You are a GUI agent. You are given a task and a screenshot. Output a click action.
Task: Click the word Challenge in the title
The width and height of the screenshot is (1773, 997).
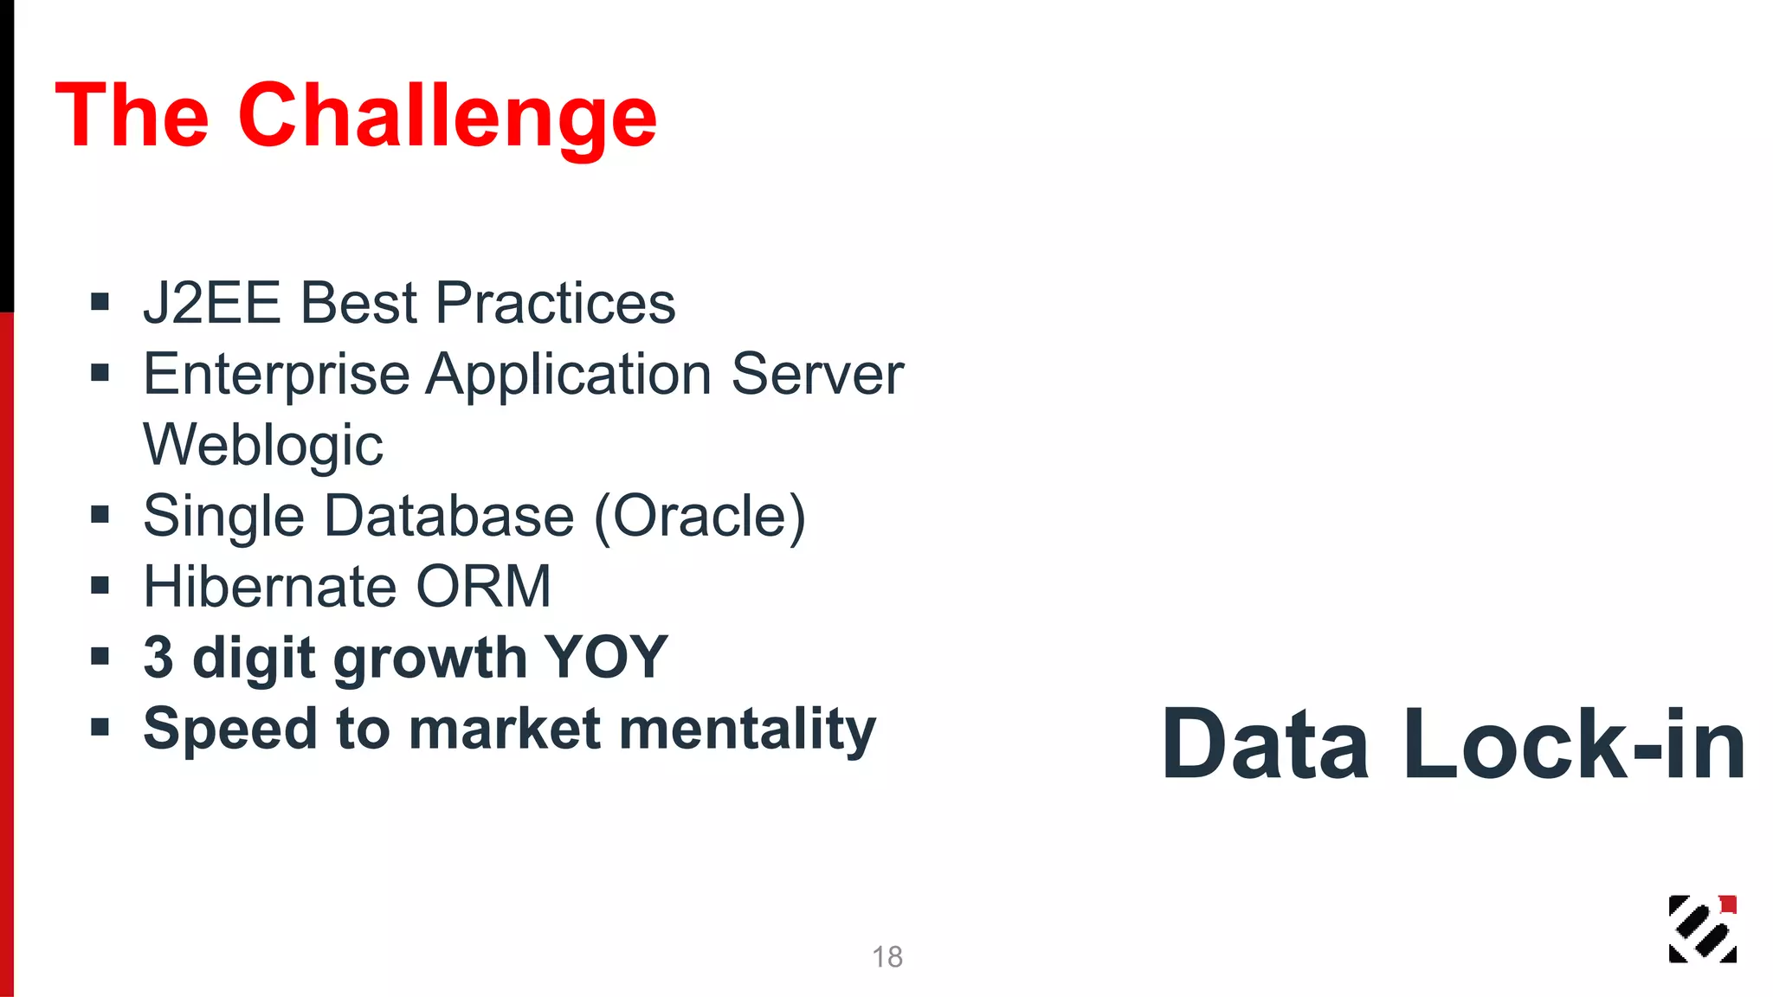(x=447, y=117)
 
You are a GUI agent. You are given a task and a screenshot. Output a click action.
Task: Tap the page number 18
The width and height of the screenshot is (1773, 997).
(x=886, y=957)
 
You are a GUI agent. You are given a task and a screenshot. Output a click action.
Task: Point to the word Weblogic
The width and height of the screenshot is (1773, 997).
(x=263, y=445)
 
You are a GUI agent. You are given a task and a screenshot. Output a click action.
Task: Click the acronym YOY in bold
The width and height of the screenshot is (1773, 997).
(x=605, y=658)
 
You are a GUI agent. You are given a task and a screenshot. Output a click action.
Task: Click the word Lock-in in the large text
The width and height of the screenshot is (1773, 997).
(x=1574, y=745)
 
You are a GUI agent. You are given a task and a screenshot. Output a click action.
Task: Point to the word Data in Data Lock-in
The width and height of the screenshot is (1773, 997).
(x=1266, y=745)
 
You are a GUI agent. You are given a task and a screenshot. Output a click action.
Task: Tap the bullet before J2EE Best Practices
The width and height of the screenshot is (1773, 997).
(x=100, y=303)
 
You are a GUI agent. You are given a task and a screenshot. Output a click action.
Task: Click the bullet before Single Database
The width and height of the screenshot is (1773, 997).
(x=100, y=516)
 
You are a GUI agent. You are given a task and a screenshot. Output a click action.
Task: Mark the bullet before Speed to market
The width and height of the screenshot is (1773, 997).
(x=100, y=728)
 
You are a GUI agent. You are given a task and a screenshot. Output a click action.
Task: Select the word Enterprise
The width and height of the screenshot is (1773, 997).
(x=276, y=375)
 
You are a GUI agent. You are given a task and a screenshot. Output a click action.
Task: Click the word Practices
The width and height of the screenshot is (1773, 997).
(x=555, y=303)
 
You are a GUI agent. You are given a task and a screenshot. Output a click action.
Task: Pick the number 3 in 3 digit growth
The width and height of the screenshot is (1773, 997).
(x=158, y=658)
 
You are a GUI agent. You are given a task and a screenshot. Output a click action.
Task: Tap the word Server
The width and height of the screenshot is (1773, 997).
(x=817, y=375)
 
